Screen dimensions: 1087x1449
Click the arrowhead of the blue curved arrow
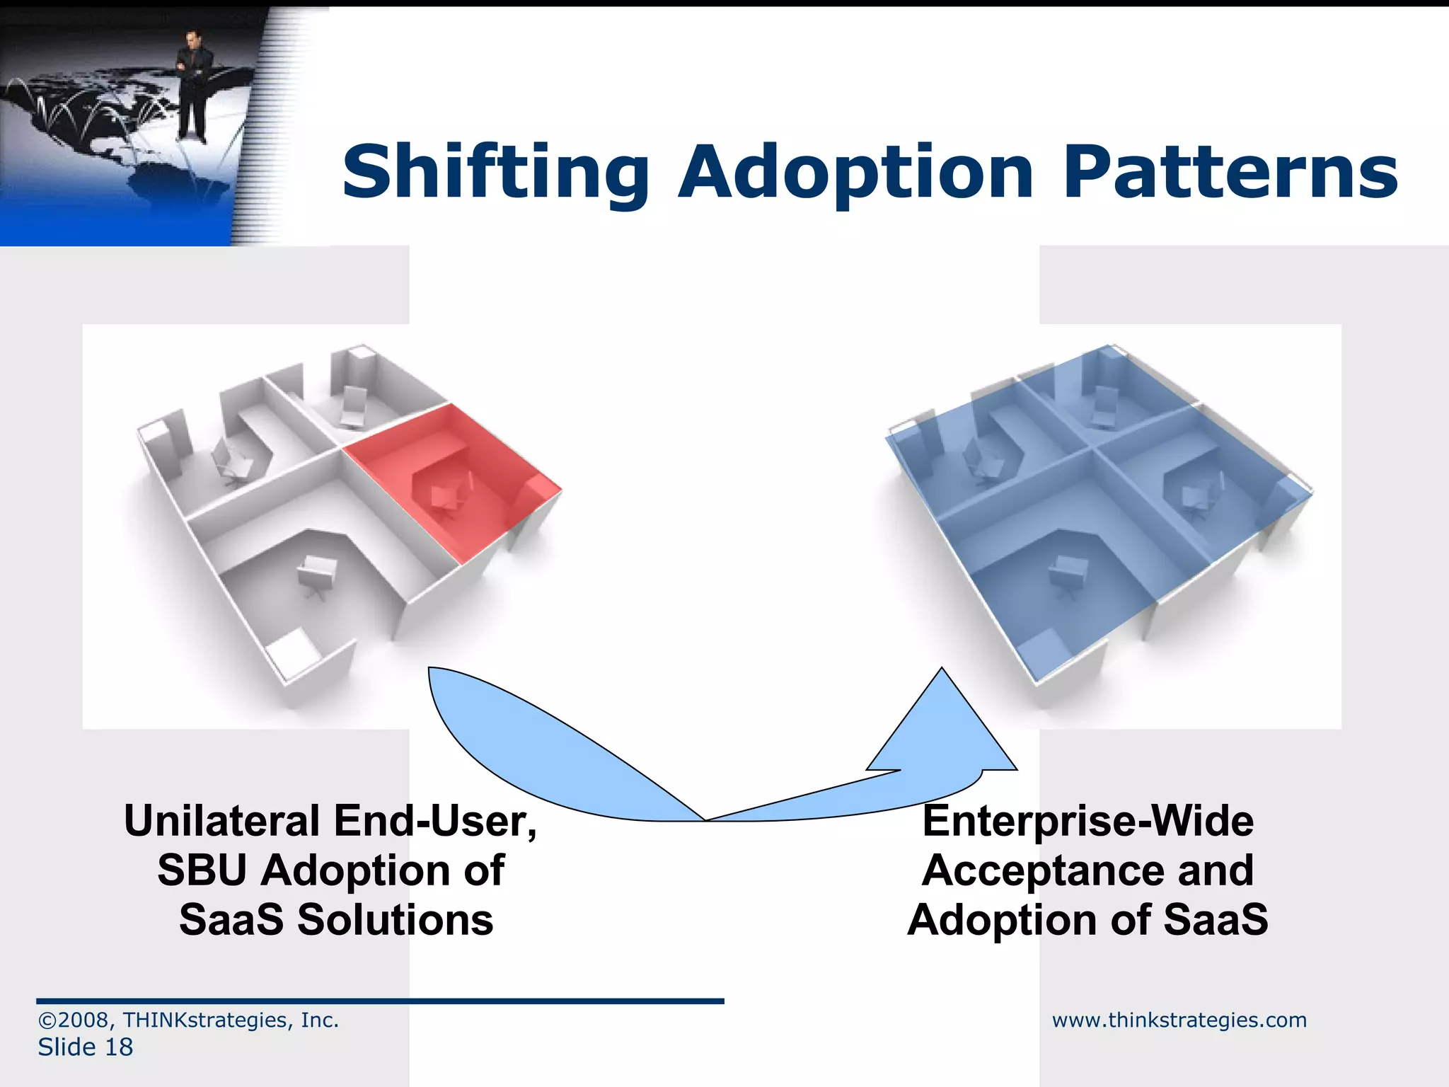[942, 729]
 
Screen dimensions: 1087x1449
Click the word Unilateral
[221, 821]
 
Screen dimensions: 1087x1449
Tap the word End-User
[435, 821]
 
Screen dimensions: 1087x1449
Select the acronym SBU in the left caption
[202, 870]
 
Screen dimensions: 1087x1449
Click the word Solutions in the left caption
[395, 920]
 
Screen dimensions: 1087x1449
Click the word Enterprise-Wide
[1087, 821]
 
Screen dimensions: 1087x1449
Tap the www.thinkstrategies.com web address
[1179, 1020]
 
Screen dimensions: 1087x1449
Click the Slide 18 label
[85, 1047]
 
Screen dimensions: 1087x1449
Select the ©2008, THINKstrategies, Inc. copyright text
[188, 1020]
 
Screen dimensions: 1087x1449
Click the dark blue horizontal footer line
[380, 1001]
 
